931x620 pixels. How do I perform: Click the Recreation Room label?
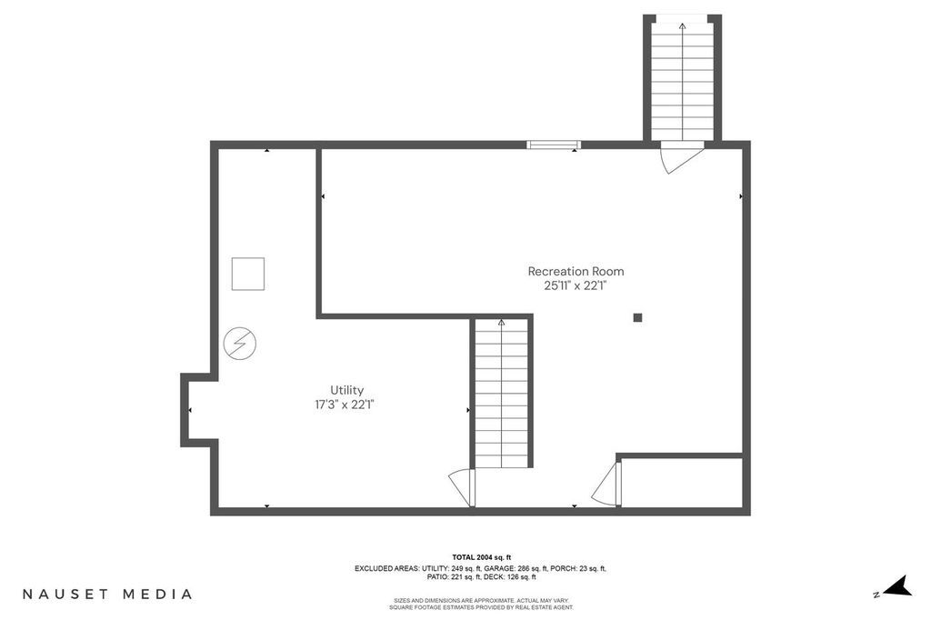(x=576, y=271)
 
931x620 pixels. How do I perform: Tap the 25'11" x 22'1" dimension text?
(x=576, y=285)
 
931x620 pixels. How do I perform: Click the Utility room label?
(x=346, y=390)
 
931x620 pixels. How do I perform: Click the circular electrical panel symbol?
(x=240, y=344)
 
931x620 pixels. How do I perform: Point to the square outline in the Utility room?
(x=247, y=274)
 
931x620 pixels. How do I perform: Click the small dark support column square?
(x=637, y=317)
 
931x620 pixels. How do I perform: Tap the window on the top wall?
(x=553, y=144)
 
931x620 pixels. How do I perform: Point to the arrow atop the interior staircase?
(x=501, y=322)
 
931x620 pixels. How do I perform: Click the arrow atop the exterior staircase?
(x=682, y=26)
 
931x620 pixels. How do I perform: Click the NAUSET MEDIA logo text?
(x=107, y=594)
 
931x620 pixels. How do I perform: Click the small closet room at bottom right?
(x=682, y=483)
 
